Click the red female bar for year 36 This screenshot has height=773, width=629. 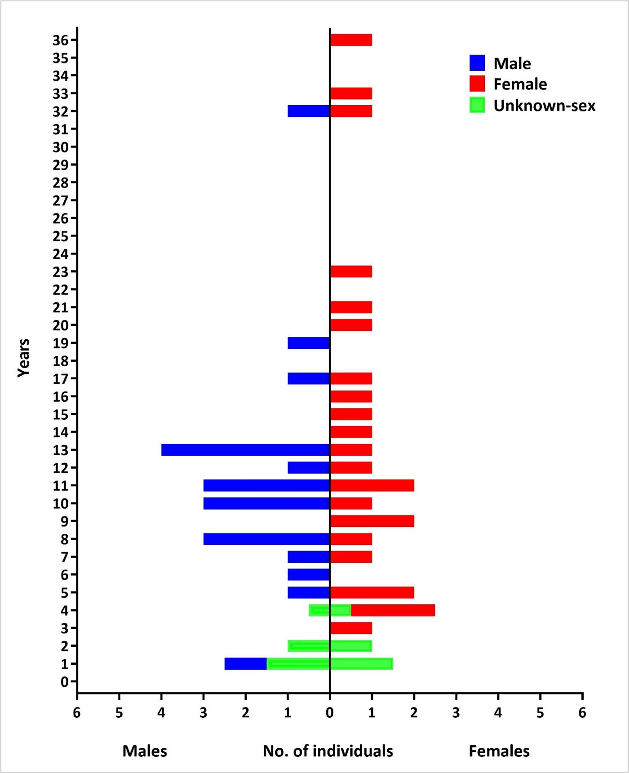[351, 40]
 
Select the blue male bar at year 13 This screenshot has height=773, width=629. [246, 450]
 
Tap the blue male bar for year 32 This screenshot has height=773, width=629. [309, 111]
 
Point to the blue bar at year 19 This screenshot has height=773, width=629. [309, 343]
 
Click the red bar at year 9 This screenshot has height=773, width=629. [372, 521]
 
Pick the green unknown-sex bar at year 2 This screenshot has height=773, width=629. [330, 646]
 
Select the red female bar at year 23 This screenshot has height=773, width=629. [351, 271]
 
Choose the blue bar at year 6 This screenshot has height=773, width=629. [309, 575]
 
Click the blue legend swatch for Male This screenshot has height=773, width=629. [477, 63]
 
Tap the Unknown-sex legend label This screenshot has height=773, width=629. [545, 106]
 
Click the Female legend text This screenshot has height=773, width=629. [520, 84]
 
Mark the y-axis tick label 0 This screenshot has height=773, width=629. [65, 682]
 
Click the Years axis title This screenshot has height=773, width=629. [23, 358]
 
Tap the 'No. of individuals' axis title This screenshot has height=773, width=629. [328, 751]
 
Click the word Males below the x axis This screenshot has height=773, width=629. [145, 751]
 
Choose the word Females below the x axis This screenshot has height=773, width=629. [499, 751]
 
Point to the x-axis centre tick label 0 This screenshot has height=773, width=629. [330, 713]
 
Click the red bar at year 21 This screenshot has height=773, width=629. [351, 307]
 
